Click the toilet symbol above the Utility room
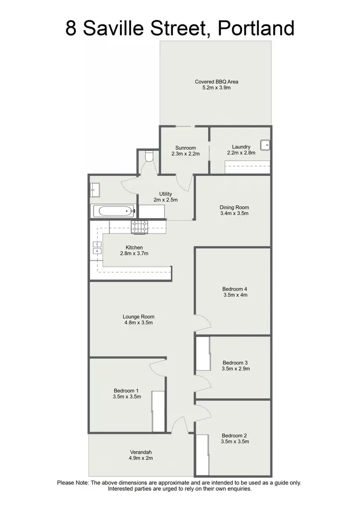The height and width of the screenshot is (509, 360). pos(148,156)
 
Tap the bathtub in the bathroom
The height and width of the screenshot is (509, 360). pos(113,211)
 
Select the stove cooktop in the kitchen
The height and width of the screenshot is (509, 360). pos(141,226)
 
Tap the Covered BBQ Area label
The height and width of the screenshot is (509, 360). pos(216,82)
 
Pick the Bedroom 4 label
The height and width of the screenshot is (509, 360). pos(234,289)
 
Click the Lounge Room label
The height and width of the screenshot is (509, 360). pos(138,317)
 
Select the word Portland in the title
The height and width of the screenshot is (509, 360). pos(256,29)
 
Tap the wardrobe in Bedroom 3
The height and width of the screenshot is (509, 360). pos(204,354)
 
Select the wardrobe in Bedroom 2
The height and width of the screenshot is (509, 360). pos(203,453)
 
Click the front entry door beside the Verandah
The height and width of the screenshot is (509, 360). pos(179,425)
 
